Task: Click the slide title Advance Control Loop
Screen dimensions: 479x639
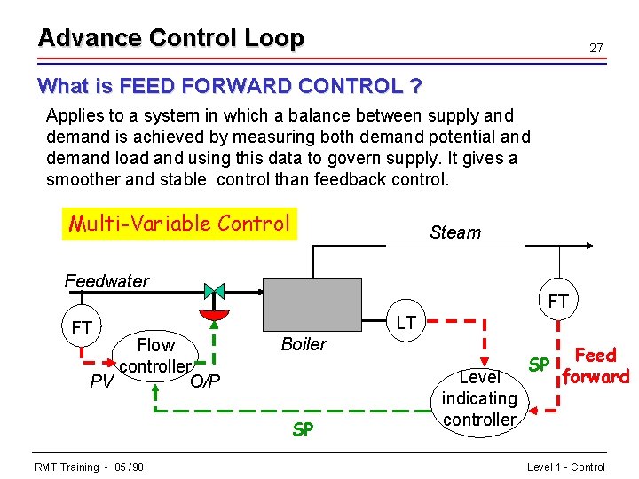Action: point(170,38)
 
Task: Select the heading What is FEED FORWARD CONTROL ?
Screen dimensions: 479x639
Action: point(229,87)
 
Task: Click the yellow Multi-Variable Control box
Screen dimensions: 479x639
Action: point(179,224)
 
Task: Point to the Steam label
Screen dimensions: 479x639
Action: point(454,232)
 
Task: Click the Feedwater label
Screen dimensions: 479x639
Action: point(106,281)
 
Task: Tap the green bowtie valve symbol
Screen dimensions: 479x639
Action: point(214,291)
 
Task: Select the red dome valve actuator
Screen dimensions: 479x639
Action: point(214,315)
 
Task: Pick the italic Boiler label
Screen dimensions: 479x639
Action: point(304,344)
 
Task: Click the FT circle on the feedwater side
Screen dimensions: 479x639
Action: point(82,328)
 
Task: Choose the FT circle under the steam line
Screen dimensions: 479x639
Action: point(558,302)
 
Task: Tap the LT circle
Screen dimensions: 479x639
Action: point(406,323)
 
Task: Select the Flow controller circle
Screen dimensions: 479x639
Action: point(155,356)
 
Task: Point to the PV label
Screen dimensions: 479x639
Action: point(103,382)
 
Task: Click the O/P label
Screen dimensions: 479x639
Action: point(205,381)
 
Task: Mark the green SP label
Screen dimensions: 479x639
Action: point(304,429)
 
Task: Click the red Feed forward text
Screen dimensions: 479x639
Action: point(596,365)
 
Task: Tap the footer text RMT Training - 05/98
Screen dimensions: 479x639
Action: point(90,467)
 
